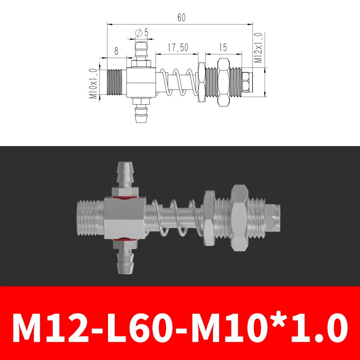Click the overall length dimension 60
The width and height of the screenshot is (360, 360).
(181, 18)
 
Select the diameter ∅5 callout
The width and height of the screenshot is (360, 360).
(141, 32)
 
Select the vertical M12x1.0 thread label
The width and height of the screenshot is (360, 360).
(258, 48)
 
